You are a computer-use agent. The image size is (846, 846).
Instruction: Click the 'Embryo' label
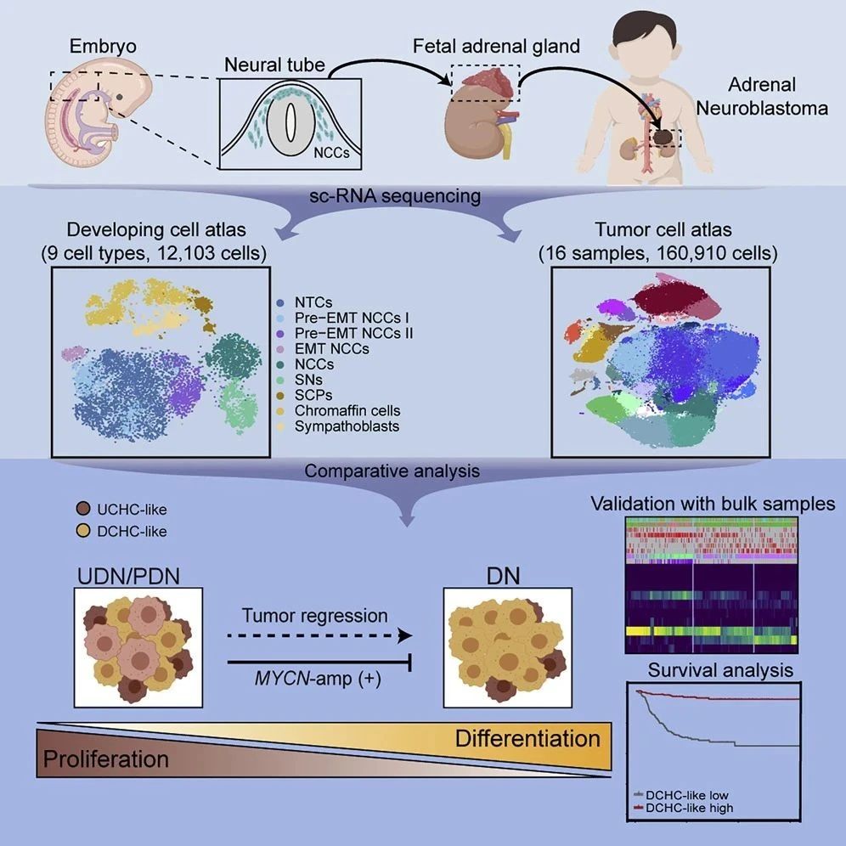[103, 47]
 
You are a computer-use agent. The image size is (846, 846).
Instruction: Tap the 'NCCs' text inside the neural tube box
[331, 153]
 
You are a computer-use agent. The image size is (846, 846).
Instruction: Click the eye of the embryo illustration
[119, 97]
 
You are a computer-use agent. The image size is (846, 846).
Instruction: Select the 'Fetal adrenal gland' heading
[496, 46]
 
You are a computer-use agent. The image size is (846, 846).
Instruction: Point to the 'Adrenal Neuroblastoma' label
[762, 96]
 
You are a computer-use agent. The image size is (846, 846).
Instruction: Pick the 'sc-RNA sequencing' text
[395, 195]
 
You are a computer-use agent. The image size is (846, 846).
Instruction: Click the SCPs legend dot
[280, 396]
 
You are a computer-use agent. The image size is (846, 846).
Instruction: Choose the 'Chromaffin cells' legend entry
[347, 410]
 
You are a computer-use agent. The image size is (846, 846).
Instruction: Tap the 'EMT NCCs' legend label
[332, 348]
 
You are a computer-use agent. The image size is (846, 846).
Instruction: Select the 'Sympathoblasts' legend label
[347, 426]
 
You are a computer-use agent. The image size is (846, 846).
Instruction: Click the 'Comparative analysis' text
[392, 471]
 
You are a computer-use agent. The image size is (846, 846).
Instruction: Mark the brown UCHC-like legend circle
[83, 509]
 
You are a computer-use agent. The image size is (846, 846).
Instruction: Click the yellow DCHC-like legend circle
[83, 531]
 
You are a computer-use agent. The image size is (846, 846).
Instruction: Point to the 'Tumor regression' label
[314, 616]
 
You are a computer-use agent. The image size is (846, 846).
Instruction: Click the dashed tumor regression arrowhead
[404, 635]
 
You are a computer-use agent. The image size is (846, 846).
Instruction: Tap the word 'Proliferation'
[105, 759]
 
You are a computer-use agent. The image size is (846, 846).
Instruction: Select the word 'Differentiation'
[527, 738]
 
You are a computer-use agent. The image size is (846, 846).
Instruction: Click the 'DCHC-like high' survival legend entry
[683, 808]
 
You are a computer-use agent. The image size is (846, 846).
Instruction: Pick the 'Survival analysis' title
[720, 669]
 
